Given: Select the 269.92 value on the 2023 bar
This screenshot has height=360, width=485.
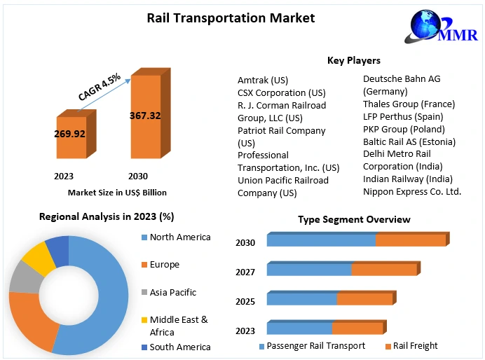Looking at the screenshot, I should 69,133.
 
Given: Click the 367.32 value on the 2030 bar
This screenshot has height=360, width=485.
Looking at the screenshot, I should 145,116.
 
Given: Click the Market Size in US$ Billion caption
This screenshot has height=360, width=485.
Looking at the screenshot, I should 117,192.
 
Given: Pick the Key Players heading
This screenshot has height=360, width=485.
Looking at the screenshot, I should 354,61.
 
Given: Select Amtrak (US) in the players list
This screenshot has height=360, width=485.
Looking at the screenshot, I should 263,81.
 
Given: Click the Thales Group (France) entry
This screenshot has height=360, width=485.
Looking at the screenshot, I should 409,104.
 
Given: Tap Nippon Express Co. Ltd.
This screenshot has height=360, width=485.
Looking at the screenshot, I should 411,191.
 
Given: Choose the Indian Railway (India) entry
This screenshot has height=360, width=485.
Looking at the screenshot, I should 407,179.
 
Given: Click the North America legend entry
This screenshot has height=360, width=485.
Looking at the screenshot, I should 179,237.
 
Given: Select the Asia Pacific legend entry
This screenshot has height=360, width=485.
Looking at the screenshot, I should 172,292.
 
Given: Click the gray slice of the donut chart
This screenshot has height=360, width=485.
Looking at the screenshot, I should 25,278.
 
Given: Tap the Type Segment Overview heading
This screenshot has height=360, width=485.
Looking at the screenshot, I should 354,219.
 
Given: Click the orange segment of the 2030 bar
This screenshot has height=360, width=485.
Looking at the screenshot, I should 411,240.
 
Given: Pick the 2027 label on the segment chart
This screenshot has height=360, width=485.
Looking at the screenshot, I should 245,272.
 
